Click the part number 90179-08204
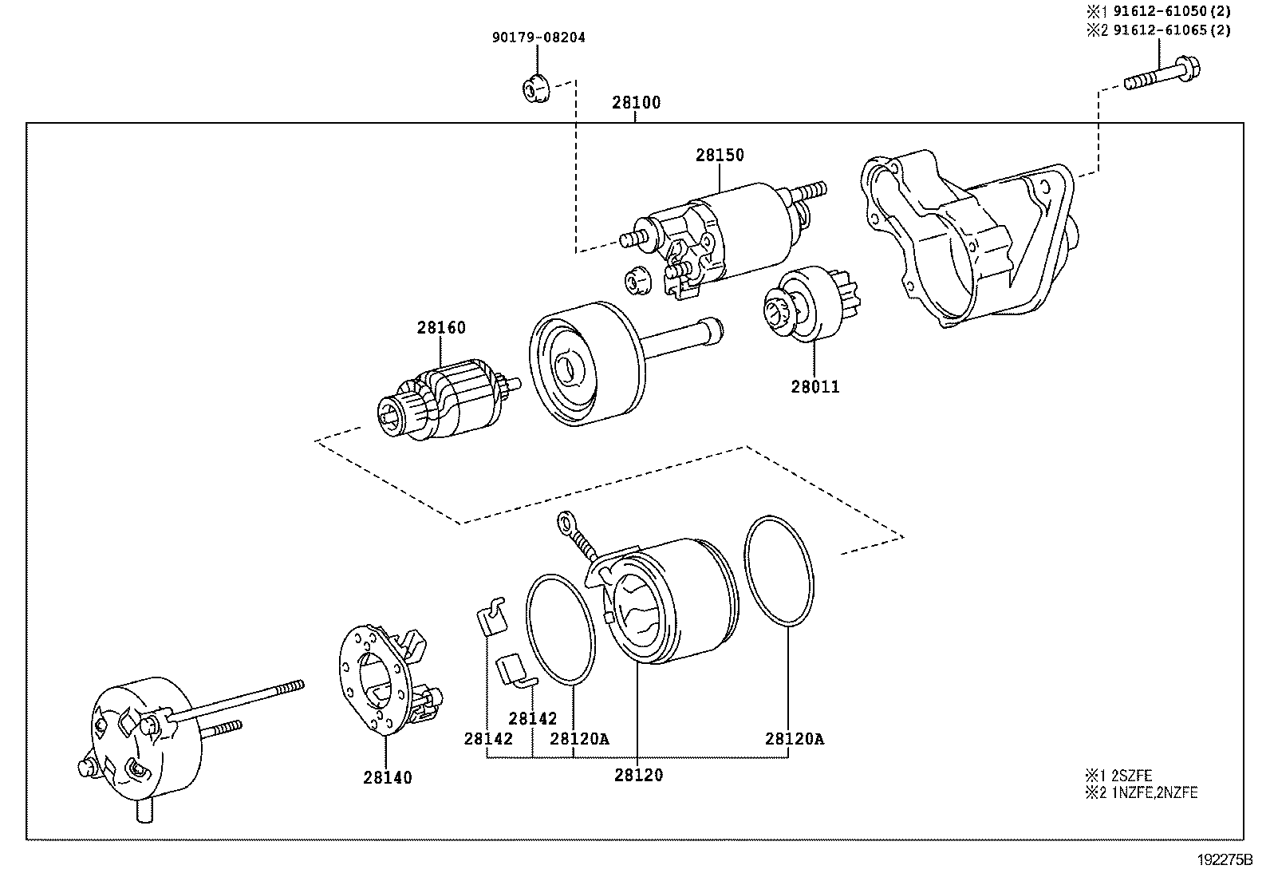538,38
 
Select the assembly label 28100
636,103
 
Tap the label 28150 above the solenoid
719,155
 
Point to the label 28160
440,328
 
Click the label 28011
814,388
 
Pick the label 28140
388,777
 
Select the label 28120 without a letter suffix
638,775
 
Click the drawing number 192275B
1225,861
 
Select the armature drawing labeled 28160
443,403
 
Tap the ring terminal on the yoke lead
568,522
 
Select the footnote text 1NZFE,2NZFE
1152,792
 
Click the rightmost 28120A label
794,739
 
